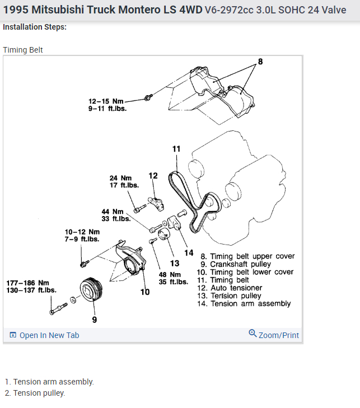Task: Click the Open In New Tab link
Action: (45, 335)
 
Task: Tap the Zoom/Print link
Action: (274, 335)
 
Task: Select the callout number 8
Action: (260, 61)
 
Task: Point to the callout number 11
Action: (176, 149)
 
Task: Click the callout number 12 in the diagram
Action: (153, 176)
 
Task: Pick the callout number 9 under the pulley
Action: (95, 320)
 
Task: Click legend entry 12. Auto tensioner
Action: (236, 288)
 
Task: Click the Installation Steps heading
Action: (35, 27)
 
